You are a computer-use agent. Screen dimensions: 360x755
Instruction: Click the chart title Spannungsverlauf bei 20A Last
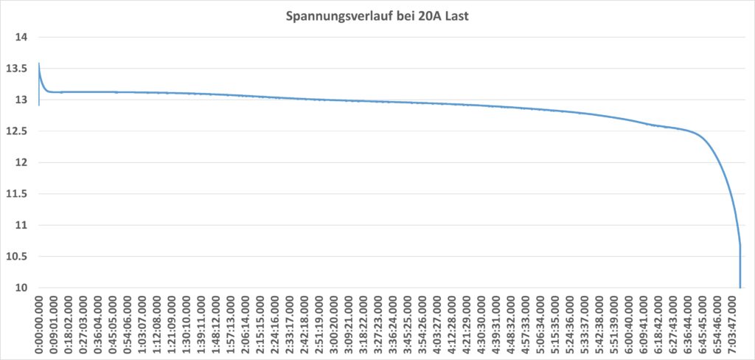tap(377, 15)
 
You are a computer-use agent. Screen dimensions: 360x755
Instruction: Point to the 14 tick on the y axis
tap(21, 38)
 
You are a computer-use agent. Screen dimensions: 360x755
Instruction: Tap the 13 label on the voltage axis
tap(21, 100)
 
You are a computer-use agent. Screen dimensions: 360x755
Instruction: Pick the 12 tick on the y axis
tap(21, 162)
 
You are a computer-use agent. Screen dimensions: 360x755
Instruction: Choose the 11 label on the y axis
tap(21, 225)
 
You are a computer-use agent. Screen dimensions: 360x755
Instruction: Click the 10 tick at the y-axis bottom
tap(21, 288)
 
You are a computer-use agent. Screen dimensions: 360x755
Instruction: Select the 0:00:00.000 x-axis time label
tap(39, 325)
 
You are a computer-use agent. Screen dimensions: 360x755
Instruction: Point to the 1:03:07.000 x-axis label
tap(142, 325)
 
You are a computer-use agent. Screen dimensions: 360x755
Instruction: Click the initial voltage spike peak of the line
tap(38, 63)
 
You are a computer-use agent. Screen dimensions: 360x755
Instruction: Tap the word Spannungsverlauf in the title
tap(333, 15)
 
